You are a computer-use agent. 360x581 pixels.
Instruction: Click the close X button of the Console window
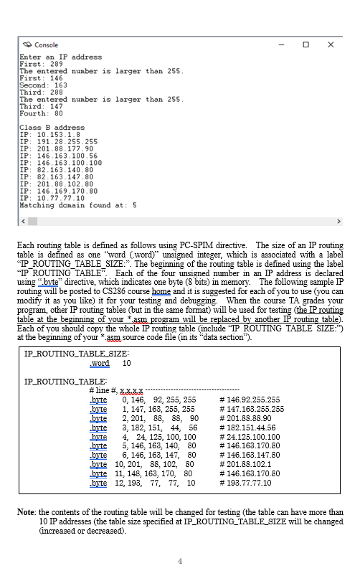[331, 45]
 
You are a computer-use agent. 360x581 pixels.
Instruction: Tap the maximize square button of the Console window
[306, 45]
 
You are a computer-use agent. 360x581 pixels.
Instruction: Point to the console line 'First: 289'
[41, 64]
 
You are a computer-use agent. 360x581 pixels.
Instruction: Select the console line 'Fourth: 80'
[42, 113]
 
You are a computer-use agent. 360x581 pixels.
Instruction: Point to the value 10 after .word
[127, 364]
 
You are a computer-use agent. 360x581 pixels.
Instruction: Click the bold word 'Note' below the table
[26, 512]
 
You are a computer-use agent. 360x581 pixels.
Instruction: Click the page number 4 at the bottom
[180, 560]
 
